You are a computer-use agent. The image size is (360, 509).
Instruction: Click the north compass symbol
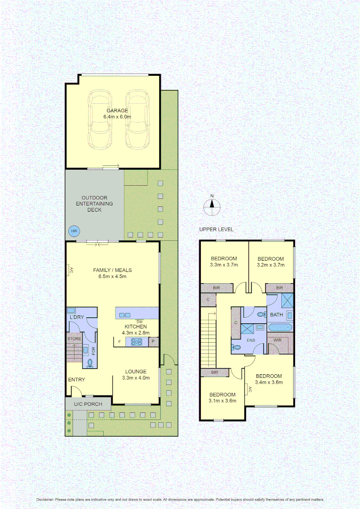tap(212, 205)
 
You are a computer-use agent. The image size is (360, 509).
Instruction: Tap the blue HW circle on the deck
tap(74, 231)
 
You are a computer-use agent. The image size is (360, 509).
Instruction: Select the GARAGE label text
tap(117, 111)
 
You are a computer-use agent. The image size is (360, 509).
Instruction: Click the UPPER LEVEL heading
tap(216, 230)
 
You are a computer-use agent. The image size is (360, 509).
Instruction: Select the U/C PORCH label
tap(88, 404)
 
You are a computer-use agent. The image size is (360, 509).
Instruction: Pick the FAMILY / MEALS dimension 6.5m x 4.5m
tap(112, 277)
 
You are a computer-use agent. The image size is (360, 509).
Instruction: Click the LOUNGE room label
tap(136, 371)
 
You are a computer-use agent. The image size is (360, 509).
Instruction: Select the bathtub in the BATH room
tap(280, 327)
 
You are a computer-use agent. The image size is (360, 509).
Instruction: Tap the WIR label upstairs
tap(277, 340)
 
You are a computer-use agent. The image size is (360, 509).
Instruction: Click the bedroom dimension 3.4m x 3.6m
tap(269, 382)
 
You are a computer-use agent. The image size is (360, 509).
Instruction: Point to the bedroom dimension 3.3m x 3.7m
tap(223, 265)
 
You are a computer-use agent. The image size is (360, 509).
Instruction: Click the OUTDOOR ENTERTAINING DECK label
tap(95, 204)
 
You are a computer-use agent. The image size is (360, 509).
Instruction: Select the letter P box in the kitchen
tap(153, 341)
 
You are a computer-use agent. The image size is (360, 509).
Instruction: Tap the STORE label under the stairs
tap(74, 338)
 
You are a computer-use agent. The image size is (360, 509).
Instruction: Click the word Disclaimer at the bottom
tap(45, 499)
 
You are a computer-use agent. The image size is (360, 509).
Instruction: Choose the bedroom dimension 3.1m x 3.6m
tap(222, 401)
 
